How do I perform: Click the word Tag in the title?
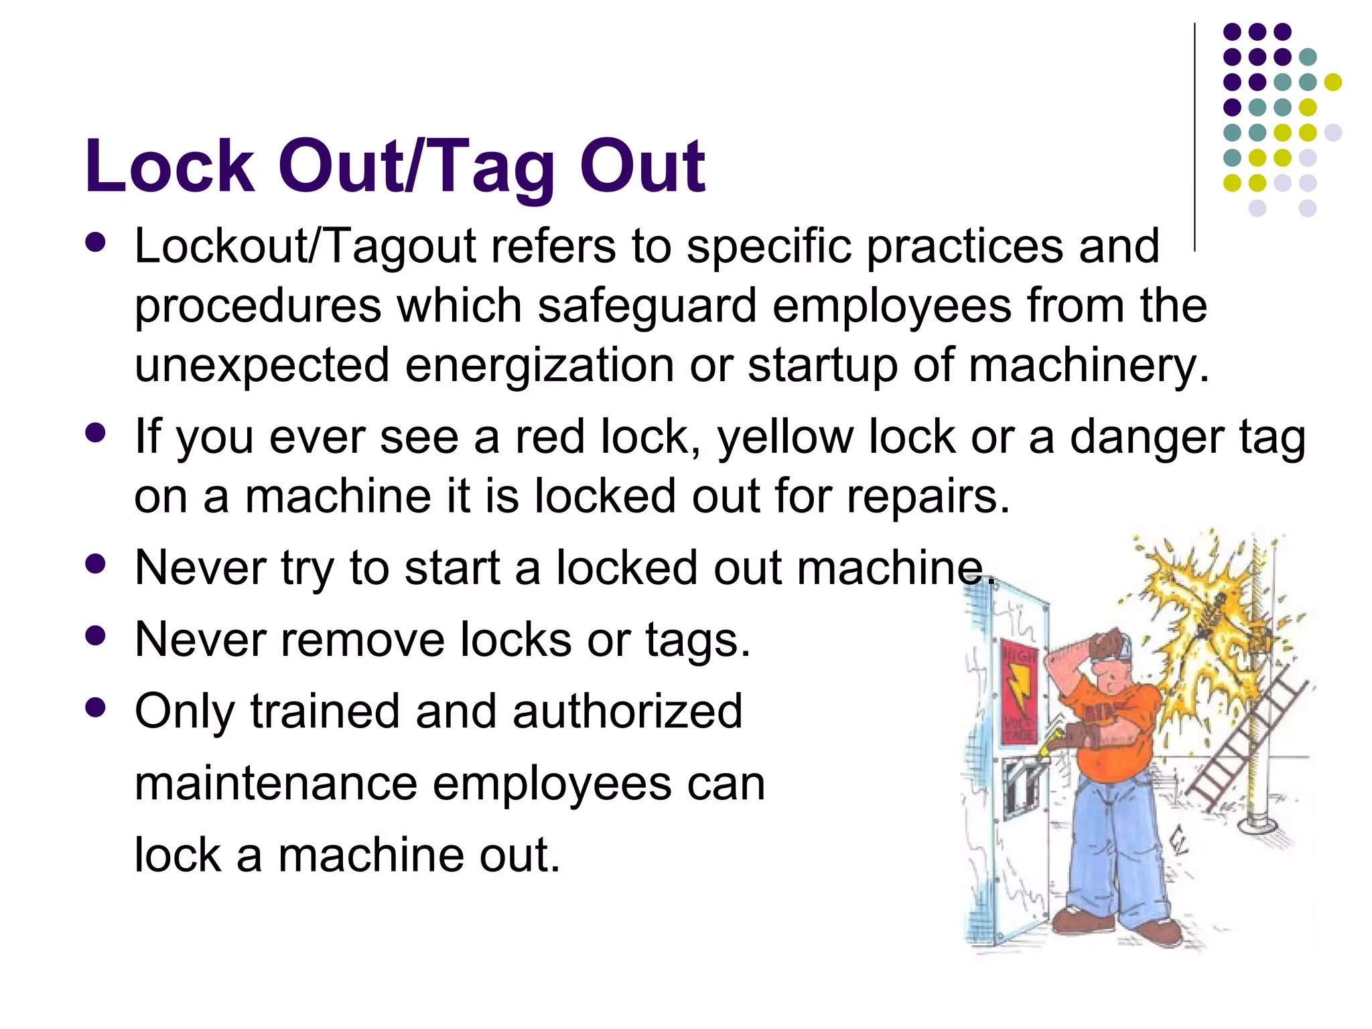pyautogui.click(x=496, y=167)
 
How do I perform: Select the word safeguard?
pyautogui.click(x=647, y=305)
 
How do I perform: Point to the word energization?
pyautogui.click(x=539, y=365)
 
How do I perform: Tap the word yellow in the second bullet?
pyautogui.click(x=784, y=437)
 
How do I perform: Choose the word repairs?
pyautogui.click(x=928, y=496)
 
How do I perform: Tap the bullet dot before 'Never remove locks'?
pyautogui.click(x=96, y=635)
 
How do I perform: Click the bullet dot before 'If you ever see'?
pyautogui.click(x=96, y=433)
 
